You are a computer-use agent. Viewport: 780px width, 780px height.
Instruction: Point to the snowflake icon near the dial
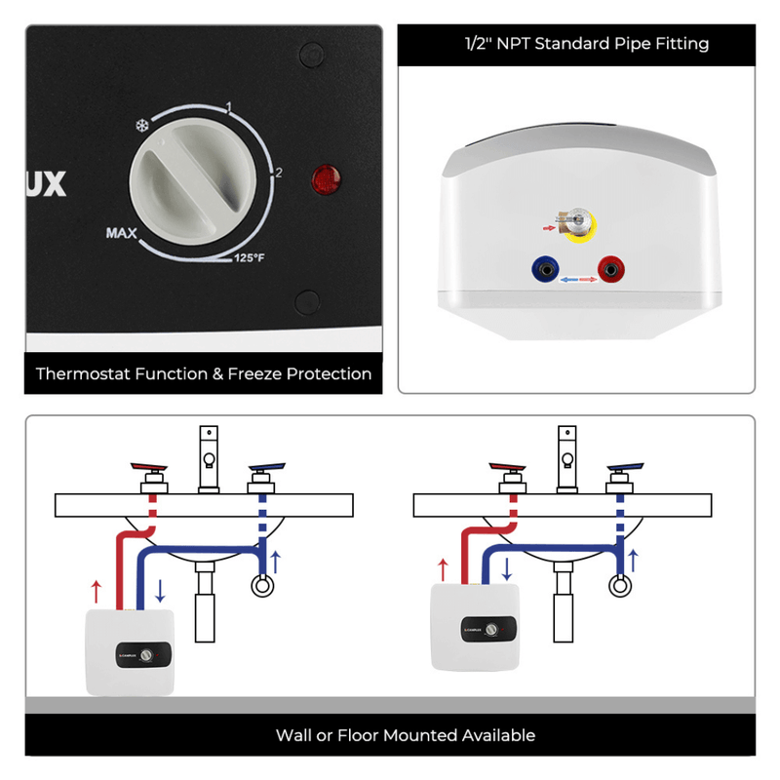pyautogui.click(x=140, y=125)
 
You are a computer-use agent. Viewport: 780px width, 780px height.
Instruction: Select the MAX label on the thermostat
pyautogui.click(x=122, y=233)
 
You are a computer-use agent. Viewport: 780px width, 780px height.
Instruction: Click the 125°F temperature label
pyautogui.click(x=249, y=258)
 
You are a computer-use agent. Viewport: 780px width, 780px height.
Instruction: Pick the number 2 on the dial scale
pyautogui.click(x=278, y=173)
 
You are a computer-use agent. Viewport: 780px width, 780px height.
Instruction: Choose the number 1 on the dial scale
pyautogui.click(x=228, y=105)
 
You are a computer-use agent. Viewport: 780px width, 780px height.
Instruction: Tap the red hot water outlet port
pyautogui.click(x=611, y=266)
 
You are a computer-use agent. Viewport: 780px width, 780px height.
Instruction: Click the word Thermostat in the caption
pyautogui.click(x=83, y=373)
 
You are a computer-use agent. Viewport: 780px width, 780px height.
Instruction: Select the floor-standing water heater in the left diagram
pyautogui.click(x=130, y=651)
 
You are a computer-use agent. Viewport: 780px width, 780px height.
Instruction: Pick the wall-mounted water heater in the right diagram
pyautogui.click(x=473, y=626)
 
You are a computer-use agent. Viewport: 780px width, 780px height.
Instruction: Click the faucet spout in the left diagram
pyautogui.click(x=209, y=458)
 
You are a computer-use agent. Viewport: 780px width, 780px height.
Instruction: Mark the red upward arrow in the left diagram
pyautogui.click(x=95, y=590)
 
